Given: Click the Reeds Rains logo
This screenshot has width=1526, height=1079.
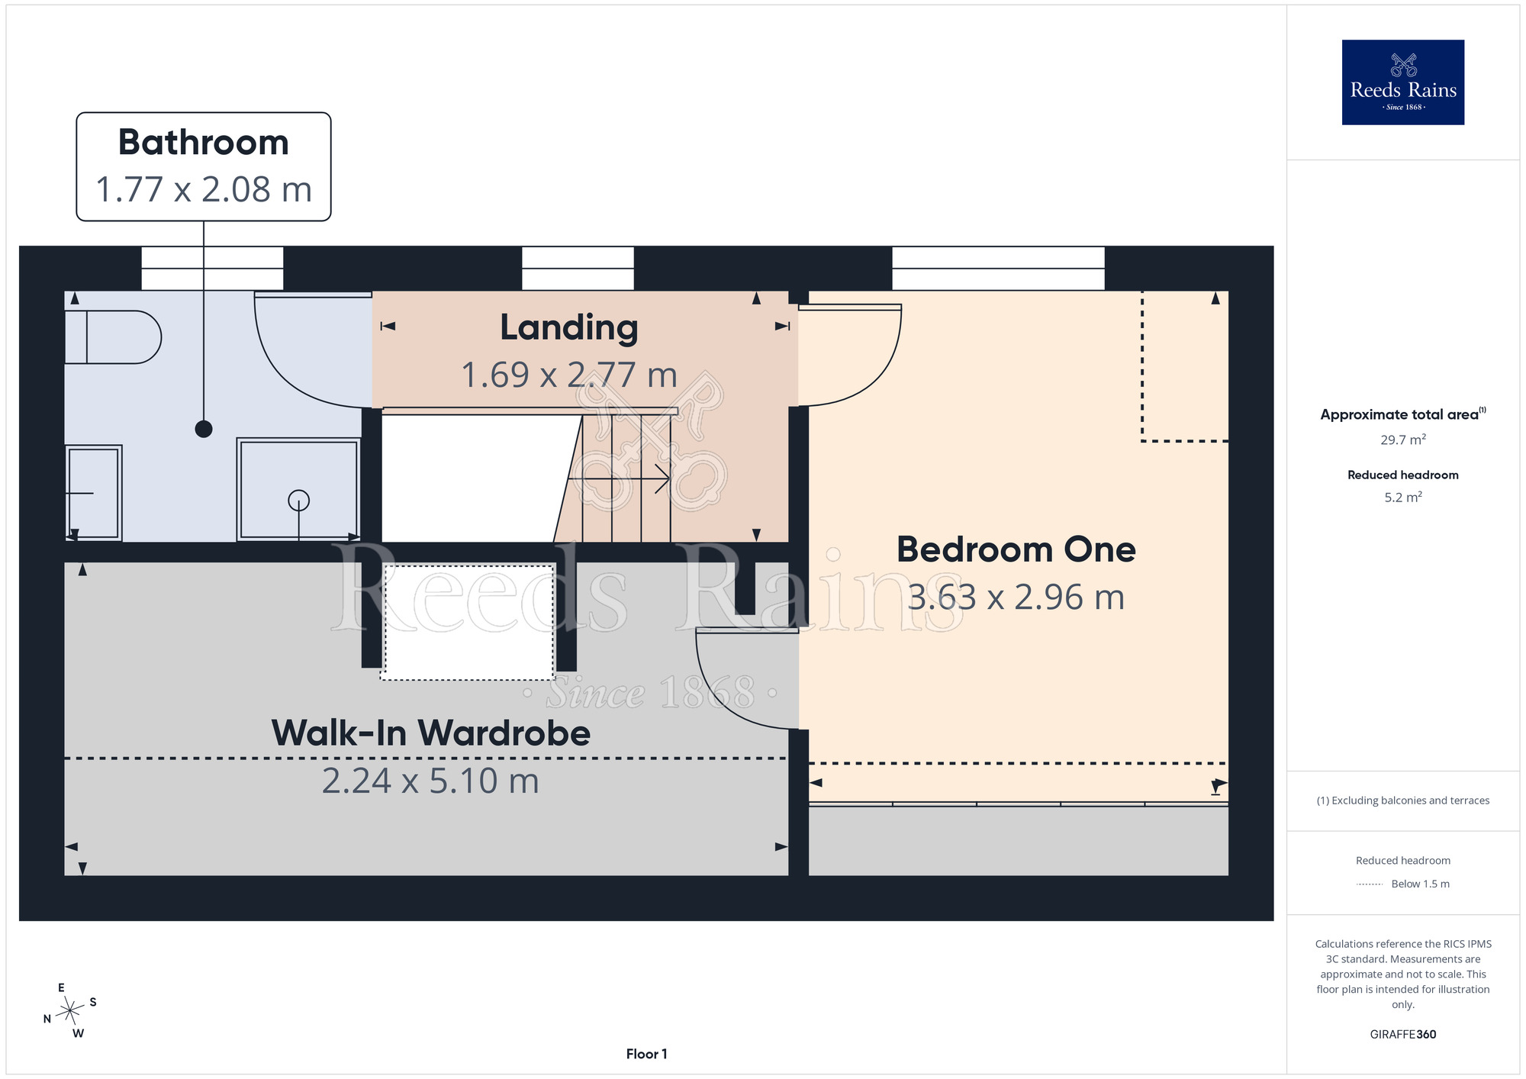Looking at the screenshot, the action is [1402, 82].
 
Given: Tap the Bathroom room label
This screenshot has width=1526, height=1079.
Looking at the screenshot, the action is [204, 143].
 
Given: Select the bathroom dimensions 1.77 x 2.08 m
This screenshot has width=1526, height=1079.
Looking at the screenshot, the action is [204, 189].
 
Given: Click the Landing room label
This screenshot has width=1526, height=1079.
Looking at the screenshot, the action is [569, 328].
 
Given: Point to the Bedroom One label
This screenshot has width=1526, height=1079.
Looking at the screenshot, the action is [1016, 549].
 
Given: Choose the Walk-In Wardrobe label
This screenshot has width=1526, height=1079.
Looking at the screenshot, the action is [431, 733].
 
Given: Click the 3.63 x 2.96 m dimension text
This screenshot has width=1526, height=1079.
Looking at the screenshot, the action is [1016, 597].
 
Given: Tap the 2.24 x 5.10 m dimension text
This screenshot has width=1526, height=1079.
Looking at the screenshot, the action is [431, 781].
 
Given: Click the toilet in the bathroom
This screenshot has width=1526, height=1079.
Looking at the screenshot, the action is [113, 337].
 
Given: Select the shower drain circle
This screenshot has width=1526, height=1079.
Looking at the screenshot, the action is [298, 500].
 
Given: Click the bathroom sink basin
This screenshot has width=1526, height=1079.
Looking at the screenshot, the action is [93, 493].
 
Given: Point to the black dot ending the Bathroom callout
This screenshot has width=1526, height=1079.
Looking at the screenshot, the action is [204, 429].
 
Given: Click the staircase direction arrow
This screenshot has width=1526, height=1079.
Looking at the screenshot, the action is [619, 478].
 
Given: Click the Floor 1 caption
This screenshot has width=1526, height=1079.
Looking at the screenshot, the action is [646, 1054].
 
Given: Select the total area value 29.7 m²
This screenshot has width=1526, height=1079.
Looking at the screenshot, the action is [1402, 440].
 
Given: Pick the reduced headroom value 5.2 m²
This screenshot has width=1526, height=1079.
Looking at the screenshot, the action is [1403, 497].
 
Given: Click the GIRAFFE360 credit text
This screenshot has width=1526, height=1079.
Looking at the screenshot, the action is [1403, 1035].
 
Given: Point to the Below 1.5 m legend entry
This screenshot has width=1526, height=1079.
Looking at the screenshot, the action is [1420, 884].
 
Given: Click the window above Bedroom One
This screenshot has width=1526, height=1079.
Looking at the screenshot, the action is [998, 269].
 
